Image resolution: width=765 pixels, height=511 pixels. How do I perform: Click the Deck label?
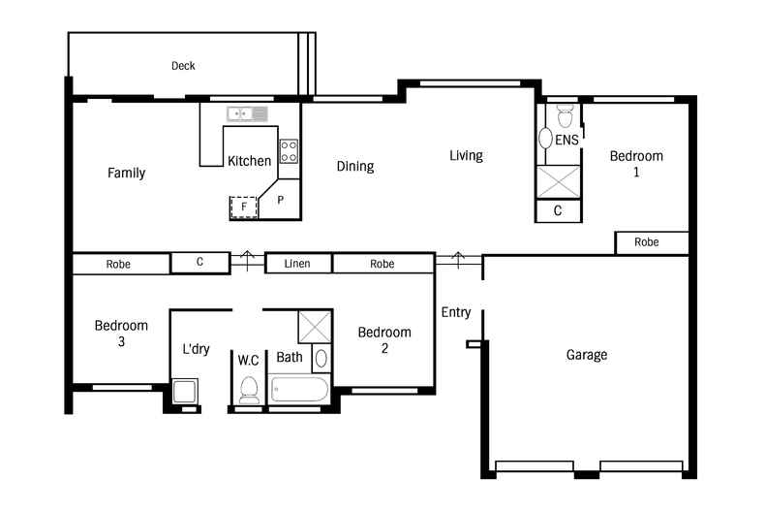183,66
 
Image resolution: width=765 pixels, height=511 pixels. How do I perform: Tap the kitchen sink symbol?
247,114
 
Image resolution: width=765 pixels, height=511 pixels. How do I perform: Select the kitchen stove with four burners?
289,150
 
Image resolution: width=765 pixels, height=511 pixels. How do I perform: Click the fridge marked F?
244,207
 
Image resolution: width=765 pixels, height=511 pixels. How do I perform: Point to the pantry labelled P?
281,200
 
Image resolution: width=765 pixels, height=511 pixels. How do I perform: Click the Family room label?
126,174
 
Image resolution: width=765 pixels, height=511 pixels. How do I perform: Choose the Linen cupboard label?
297,264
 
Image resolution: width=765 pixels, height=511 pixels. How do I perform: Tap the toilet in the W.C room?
248,389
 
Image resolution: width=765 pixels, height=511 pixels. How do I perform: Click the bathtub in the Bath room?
300,391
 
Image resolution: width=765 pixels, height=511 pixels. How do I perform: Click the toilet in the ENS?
566,115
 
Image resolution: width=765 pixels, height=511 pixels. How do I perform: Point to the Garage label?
587,355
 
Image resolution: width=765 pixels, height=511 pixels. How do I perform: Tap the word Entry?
456,312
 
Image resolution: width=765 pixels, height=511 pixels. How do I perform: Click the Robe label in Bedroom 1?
648,242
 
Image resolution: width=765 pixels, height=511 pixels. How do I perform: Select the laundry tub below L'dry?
184,393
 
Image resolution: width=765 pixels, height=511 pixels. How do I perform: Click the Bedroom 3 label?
121,334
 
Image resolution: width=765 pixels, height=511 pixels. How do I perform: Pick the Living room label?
466,155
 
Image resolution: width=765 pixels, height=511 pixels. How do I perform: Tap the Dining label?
354,167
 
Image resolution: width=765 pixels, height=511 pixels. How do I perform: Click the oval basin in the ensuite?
545,139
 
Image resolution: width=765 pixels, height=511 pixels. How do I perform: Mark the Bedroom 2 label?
384,340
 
